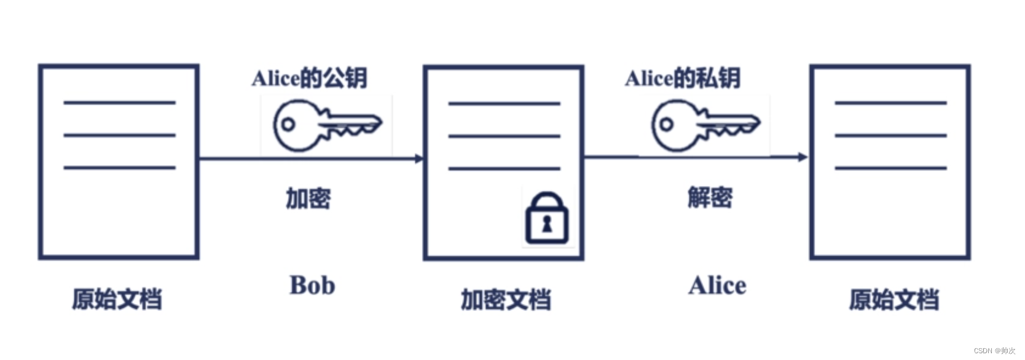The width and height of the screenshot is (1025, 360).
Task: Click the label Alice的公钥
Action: coord(309,78)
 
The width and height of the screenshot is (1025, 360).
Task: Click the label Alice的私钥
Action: coord(683,78)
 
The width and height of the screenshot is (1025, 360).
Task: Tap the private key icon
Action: coord(704,125)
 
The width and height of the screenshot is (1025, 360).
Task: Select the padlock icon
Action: coord(547,219)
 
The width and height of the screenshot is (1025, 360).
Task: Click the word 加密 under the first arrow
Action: coord(308,198)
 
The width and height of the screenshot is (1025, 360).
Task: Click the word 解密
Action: coord(710,198)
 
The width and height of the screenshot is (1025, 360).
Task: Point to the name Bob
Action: coord(312,286)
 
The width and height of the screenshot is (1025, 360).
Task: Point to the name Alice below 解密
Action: coord(717,286)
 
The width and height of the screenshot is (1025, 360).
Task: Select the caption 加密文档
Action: coord(506,300)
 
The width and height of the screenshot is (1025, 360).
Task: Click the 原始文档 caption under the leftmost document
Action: coord(117,299)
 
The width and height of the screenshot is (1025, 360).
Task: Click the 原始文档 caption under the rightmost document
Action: coord(893,300)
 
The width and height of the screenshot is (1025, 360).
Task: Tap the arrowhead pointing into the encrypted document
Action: coord(420,158)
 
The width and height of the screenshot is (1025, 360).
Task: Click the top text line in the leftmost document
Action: coord(119,103)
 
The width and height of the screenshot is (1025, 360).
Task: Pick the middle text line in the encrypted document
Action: coord(504,136)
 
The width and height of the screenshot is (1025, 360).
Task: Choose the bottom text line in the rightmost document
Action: coord(890,168)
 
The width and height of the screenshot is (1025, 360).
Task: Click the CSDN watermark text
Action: coord(994,351)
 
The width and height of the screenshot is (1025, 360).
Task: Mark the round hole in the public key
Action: coord(288,125)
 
